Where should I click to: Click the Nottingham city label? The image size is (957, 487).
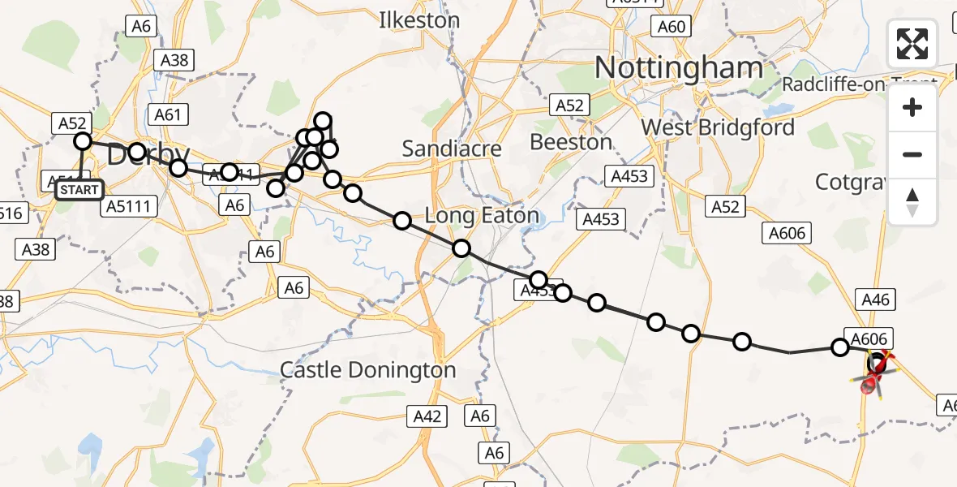[x=679, y=68]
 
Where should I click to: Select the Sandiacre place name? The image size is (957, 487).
[x=452, y=149]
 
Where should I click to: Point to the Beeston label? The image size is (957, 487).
[x=571, y=142]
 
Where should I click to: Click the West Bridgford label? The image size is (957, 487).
[x=718, y=127]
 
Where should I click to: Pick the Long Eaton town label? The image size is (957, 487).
[x=483, y=216]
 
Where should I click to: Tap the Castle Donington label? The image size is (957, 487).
[x=368, y=370]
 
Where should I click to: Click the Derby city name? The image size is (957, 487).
[x=148, y=154]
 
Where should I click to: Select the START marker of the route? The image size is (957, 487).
[x=79, y=191]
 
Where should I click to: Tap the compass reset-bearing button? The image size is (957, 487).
[x=912, y=202]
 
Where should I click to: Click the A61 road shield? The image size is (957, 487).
[x=167, y=114]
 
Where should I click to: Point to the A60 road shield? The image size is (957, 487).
[x=672, y=27]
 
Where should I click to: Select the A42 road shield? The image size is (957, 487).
[x=427, y=416]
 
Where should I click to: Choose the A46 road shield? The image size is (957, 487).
[x=876, y=300]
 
